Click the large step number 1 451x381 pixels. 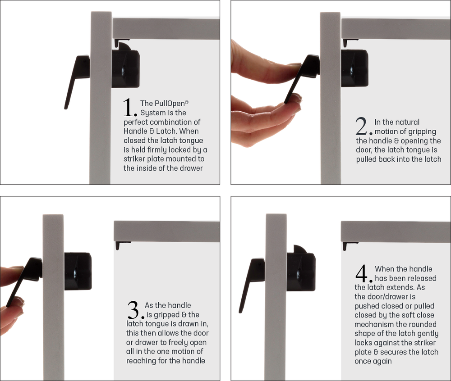pos(130,108)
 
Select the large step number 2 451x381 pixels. pos(363,127)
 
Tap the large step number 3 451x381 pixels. pos(135,310)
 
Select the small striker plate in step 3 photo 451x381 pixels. pos(122,245)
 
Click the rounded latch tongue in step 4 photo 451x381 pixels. pos(300,249)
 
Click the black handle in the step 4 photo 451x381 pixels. pos(250,281)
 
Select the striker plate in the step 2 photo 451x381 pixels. pos(350,42)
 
